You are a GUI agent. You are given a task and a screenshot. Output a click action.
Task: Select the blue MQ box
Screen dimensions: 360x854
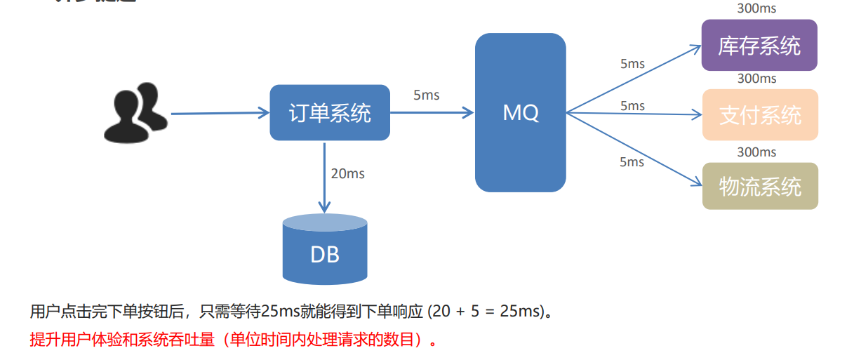520,112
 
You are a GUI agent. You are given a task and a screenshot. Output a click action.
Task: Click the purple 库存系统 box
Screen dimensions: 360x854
759,46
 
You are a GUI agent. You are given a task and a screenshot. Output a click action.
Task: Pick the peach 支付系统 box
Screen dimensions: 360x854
760,114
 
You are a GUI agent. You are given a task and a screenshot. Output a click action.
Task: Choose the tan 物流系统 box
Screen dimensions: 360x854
760,186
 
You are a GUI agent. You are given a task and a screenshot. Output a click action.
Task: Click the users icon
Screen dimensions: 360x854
135,112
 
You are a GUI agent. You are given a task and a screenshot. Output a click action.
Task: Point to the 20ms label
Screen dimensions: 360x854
347,173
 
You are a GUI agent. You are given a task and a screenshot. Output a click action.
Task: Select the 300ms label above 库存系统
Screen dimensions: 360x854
756,9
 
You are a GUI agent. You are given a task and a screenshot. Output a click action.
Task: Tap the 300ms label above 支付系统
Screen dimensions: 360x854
756,79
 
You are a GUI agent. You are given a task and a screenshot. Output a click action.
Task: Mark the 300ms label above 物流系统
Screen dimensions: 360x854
756,152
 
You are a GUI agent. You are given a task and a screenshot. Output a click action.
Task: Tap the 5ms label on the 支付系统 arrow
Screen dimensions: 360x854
632,106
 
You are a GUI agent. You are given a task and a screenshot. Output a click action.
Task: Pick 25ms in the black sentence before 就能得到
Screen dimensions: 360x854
280,311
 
